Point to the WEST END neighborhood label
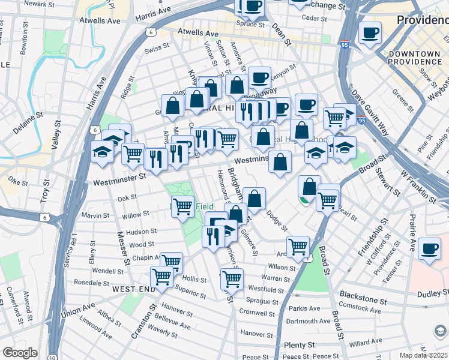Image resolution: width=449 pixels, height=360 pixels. tap(133, 289)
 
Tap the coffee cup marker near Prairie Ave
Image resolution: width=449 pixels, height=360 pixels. tap(430, 248)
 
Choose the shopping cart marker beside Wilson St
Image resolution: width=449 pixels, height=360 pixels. tap(298, 246)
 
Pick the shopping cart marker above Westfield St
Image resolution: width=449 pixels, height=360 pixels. tap(231, 278)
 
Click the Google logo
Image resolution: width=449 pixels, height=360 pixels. tap(20, 353)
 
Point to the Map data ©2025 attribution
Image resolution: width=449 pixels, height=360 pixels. tap(423, 355)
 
